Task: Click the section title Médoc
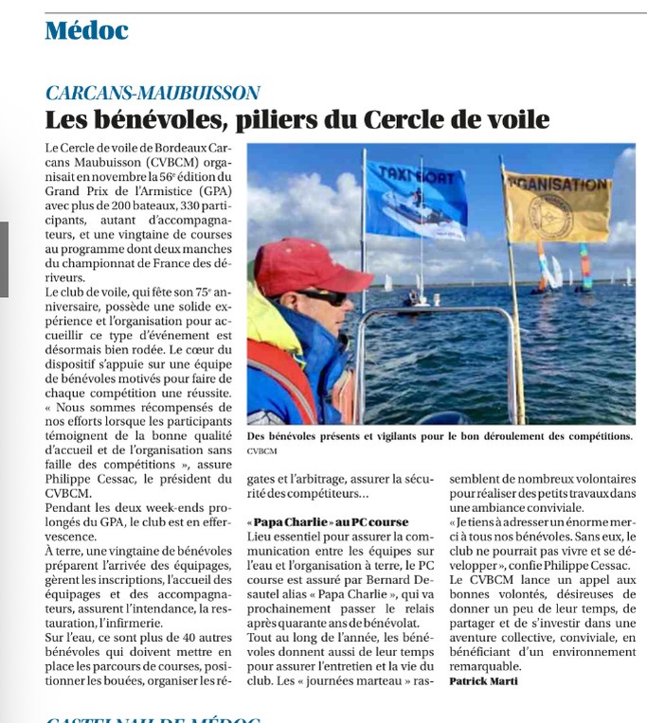[x=86, y=30]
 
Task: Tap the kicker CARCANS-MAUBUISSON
[x=153, y=93]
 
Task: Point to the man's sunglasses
[x=320, y=296]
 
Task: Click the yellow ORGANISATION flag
[x=557, y=203]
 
